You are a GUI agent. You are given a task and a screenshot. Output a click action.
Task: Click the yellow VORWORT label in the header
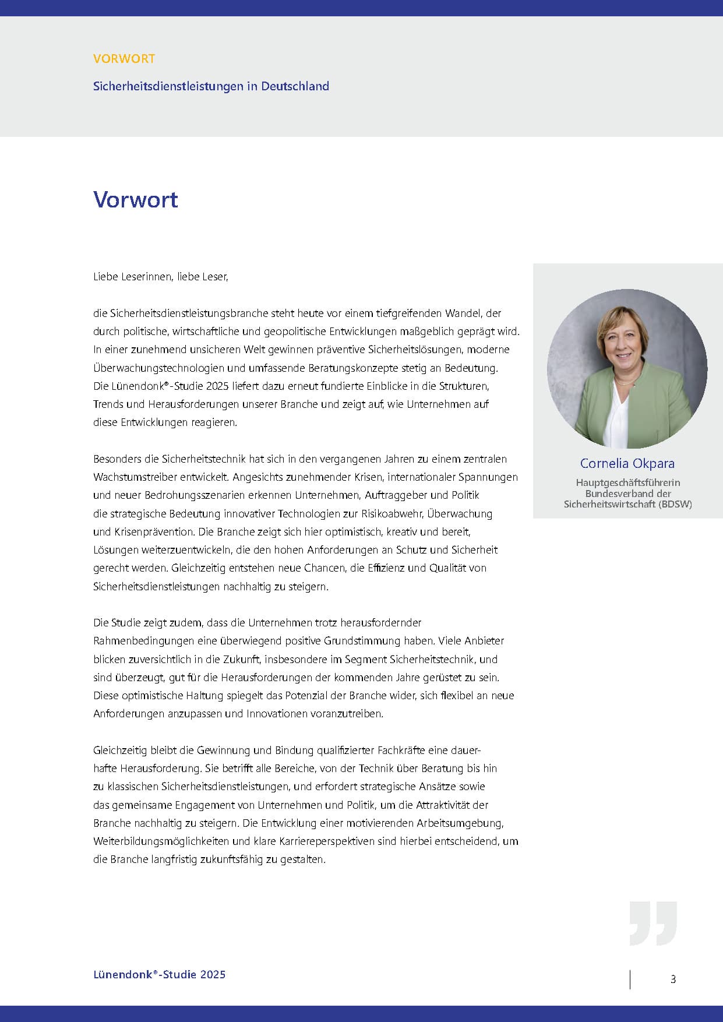[124, 59]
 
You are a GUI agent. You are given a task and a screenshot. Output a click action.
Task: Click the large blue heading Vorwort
[136, 200]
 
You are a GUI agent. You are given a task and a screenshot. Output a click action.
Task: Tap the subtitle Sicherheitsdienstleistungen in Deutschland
[211, 86]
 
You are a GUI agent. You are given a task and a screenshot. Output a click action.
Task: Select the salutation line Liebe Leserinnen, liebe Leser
[160, 277]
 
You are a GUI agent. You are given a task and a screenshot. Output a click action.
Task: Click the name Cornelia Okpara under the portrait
[627, 463]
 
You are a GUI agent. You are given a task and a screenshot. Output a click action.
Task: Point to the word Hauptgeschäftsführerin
[627, 482]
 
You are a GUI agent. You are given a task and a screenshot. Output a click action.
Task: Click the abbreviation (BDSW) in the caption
[675, 504]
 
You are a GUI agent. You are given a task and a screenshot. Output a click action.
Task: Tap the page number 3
[673, 979]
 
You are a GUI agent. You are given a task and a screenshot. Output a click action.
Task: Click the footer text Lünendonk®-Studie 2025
[159, 974]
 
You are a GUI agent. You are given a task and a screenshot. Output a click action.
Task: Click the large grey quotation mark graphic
[653, 924]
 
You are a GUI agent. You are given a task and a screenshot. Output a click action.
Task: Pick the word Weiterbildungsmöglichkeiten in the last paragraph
[161, 841]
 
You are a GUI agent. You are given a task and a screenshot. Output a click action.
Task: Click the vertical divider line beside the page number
[630, 979]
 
